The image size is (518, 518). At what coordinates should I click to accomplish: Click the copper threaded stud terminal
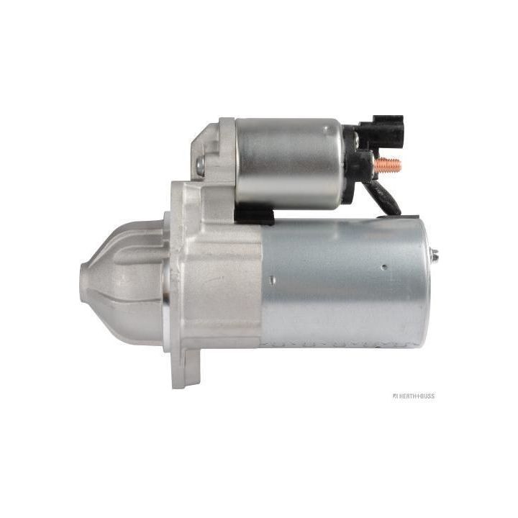click(x=388, y=165)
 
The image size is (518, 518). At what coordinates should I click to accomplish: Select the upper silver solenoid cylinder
click(x=288, y=162)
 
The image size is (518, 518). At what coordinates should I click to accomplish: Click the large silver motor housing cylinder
click(x=345, y=284)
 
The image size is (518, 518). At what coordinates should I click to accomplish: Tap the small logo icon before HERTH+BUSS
click(x=395, y=396)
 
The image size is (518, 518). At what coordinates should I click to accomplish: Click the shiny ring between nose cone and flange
click(x=166, y=288)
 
